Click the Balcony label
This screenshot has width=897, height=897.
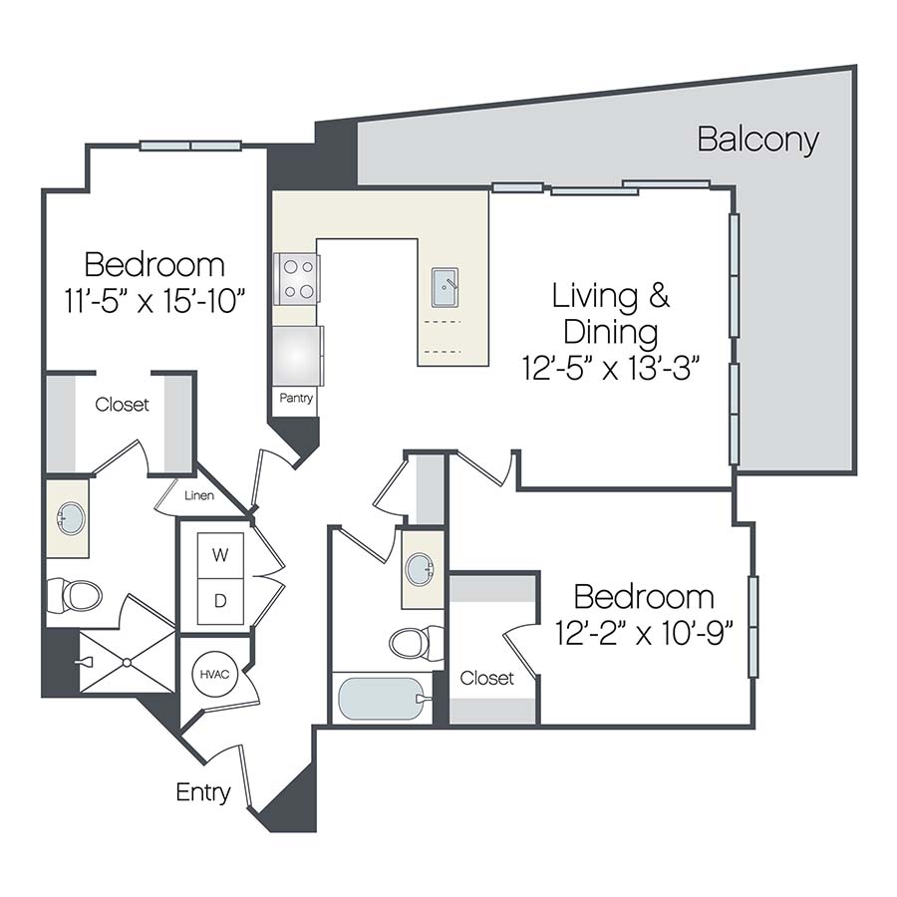pyautogui.click(x=757, y=140)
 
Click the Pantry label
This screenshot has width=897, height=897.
pyautogui.click(x=296, y=399)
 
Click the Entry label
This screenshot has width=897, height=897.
pyautogui.click(x=203, y=792)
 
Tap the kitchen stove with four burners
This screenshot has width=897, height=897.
pyautogui.click(x=296, y=279)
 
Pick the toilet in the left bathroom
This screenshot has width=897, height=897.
pyautogui.click(x=75, y=595)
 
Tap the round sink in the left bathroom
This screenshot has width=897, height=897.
pyautogui.click(x=71, y=519)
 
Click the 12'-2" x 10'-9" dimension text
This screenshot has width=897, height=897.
pyautogui.click(x=644, y=633)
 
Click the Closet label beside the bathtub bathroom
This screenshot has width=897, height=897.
pyautogui.click(x=487, y=679)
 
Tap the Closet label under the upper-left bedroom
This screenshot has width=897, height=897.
pyautogui.click(x=123, y=405)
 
